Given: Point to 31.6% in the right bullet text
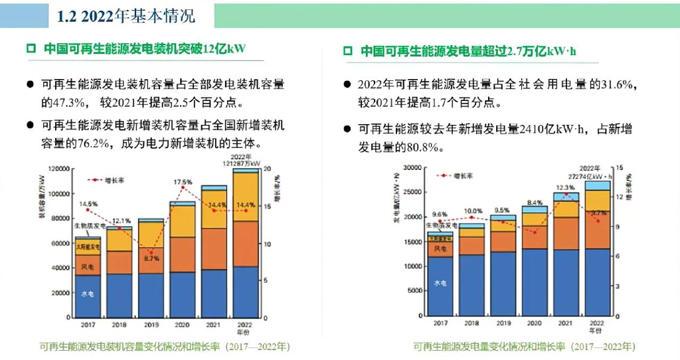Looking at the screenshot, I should tap(618, 85).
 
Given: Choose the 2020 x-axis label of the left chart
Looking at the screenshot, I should tap(182, 325).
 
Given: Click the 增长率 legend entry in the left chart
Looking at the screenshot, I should tap(106, 180).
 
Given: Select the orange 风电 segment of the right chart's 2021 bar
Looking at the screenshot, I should tap(566, 233).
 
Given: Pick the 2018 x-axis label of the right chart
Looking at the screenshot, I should tap(471, 323).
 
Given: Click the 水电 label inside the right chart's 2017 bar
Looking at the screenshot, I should tap(440, 282).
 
